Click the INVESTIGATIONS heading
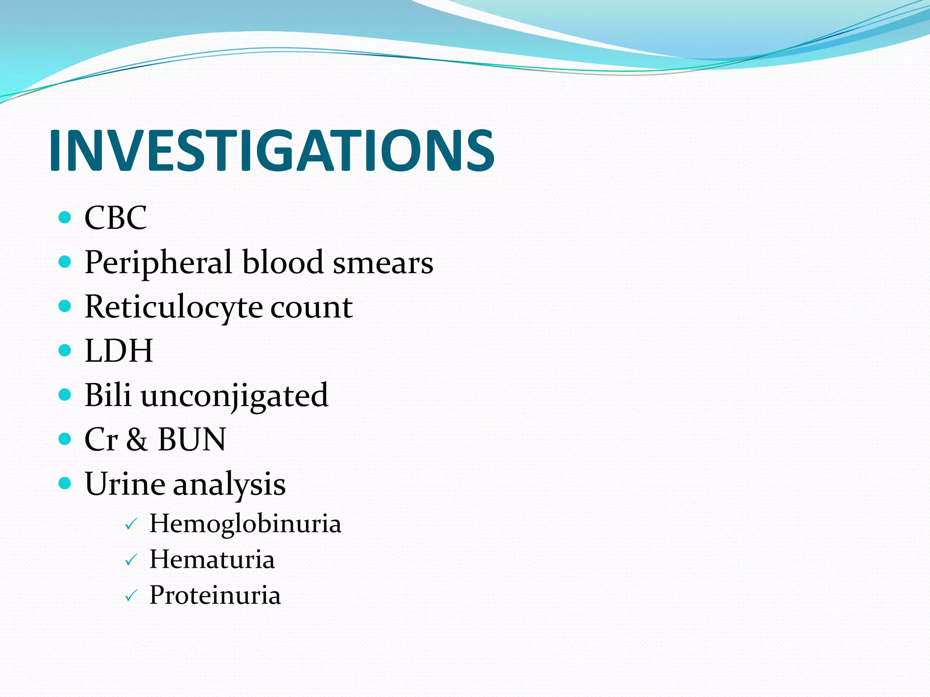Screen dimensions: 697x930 [272, 150]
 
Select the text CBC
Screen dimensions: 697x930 [116, 218]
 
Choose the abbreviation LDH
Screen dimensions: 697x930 [119, 351]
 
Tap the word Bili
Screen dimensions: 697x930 [108, 395]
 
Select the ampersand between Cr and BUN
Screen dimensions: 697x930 [137, 440]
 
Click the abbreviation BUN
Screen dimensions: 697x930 [192, 440]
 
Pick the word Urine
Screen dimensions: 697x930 [125, 484]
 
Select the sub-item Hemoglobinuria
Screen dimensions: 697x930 [245, 524]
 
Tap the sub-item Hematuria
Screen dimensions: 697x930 [212, 560]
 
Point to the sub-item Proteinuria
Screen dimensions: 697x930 [215, 595]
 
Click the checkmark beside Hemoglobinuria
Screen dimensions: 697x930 [131, 525]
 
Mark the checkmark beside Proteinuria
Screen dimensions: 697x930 [131, 596]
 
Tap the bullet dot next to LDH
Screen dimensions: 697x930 [65, 350]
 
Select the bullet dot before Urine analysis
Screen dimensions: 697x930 [65, 483]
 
